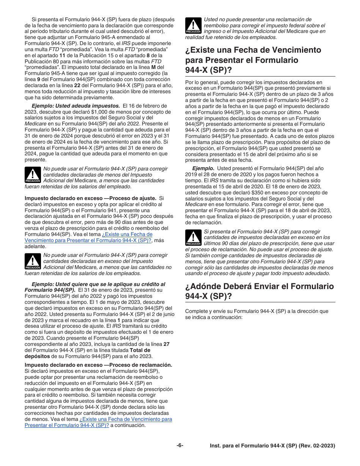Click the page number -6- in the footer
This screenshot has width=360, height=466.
click(180, 446)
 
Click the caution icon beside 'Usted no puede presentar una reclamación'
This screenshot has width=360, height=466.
click(193, 26)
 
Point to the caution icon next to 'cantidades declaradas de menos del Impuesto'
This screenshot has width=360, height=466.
click(33, 175)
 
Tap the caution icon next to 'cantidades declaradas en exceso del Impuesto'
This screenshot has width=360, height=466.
click(33, 261)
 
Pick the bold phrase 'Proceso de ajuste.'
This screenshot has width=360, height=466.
click(131, 198)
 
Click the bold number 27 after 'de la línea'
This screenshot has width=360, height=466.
click(166, 344)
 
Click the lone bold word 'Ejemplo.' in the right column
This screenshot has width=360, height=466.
click(203, 168)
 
